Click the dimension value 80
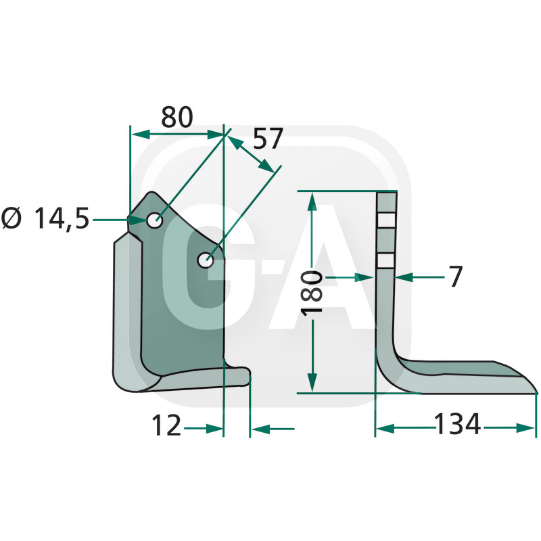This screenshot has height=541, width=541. click(177, 117)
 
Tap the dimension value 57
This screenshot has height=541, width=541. click(268, 138)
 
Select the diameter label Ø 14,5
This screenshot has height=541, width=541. click(45, 218)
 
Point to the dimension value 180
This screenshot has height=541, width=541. click(312, 292)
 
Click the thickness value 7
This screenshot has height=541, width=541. click(455, 277)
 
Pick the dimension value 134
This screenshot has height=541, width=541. click(457, 423)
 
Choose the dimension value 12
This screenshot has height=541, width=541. click(166, 425)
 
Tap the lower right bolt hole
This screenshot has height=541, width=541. click(206, 260)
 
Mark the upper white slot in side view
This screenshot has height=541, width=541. click(386, 220)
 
